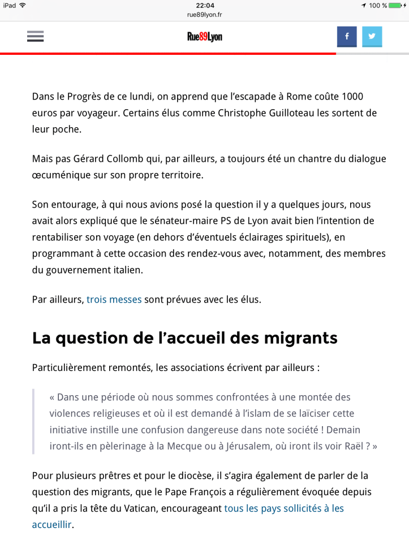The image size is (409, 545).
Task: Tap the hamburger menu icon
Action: pos(35,37)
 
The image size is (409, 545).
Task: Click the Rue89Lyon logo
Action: pos(205,37)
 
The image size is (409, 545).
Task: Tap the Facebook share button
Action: pos(347,37)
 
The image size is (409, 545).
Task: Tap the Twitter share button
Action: pos(372,37)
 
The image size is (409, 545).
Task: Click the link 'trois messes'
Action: pos(114,299)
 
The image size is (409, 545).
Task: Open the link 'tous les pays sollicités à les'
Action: pos(284,508)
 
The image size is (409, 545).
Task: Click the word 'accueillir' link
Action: pos(52,524)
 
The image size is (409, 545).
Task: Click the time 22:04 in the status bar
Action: pos(204,5)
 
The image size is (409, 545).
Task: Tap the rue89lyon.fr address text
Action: pos(204,15)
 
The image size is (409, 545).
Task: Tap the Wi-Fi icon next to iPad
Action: pos(22,5)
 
